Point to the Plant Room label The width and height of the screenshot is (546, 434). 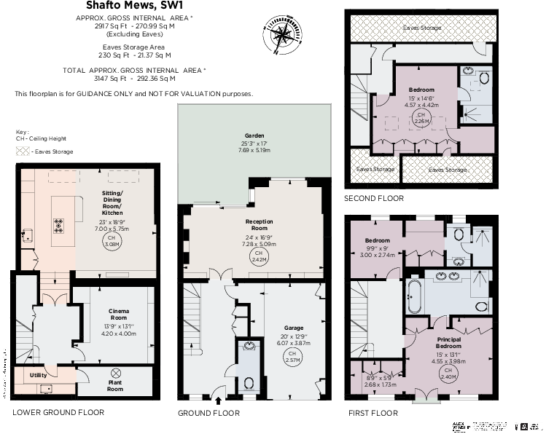tap(114, 385)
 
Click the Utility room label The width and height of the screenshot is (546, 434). tap(39, 375)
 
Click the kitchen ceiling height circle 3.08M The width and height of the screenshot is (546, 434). tap(112, 241)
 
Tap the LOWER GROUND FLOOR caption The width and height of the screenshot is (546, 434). tap(58, 413)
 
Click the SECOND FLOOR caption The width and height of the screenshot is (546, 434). tap(374, 198)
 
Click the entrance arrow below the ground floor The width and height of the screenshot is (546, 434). tap(218, 400)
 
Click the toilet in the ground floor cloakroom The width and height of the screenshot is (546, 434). tap(249, 382)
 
